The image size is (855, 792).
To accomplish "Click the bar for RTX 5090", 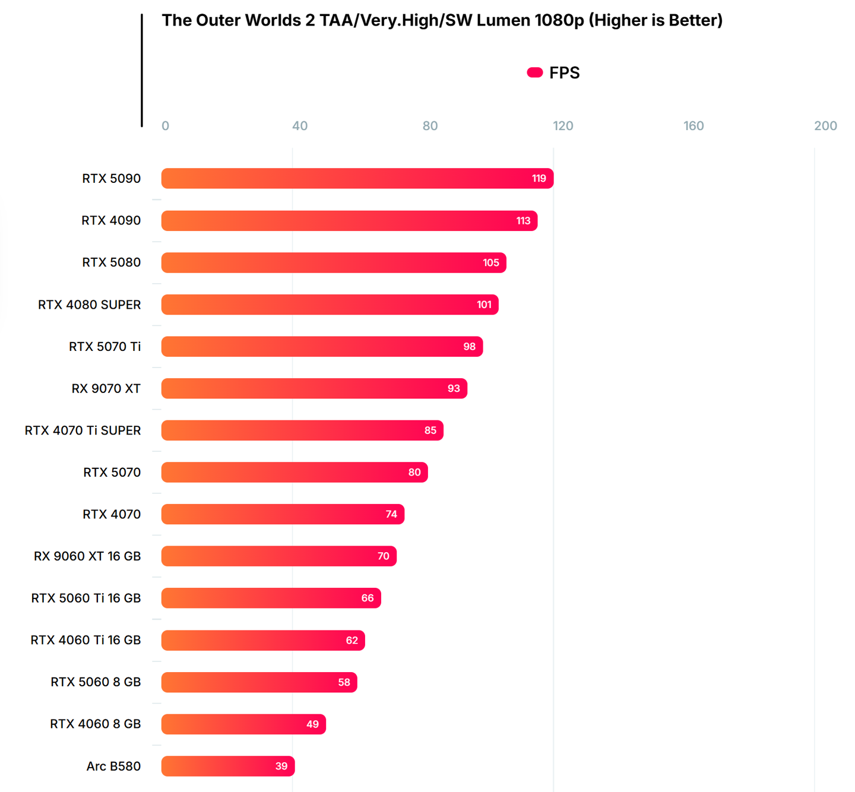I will point(357,178).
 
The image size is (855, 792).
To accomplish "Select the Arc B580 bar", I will point(228,766).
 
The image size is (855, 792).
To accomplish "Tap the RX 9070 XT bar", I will point(314,388).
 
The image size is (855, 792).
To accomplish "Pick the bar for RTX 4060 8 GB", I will point(243,724).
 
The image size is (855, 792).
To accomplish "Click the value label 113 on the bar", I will point(523,221).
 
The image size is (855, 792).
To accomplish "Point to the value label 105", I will point(491,262).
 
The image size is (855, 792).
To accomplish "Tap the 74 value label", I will point(391,514).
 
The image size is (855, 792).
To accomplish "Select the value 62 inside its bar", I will point(352,640).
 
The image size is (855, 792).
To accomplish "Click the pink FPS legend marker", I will point(535,72).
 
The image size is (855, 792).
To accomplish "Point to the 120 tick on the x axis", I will point(563,126).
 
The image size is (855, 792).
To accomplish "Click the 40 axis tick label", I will point(300,126).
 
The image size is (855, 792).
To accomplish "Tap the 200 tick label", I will point(825,126).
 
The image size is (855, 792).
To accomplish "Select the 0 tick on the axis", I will point(166,126).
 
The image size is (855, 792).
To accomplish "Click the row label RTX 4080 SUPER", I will point(90,305).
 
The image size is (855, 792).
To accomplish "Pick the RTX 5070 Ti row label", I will point(105,347).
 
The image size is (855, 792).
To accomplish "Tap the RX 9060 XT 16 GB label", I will point(87,556).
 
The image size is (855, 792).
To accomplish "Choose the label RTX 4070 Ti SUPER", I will point(83,430).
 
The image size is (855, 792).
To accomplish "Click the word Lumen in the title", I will point(502,20).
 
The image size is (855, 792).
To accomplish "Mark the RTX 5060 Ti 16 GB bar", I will point(271,598).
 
